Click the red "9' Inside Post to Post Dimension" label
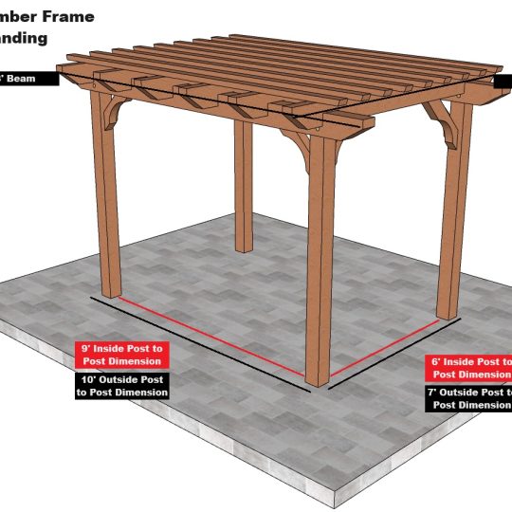[121, 355]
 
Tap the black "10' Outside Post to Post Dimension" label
[121, 385]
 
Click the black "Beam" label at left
[29, 80]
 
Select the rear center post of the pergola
[244, 190]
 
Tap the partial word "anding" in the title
[29, 40]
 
